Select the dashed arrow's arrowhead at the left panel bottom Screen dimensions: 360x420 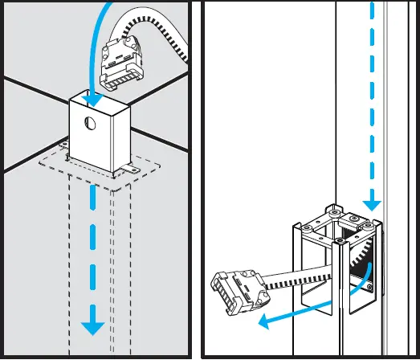click(95, 325)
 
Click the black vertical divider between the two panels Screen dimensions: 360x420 click(195, 180)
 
